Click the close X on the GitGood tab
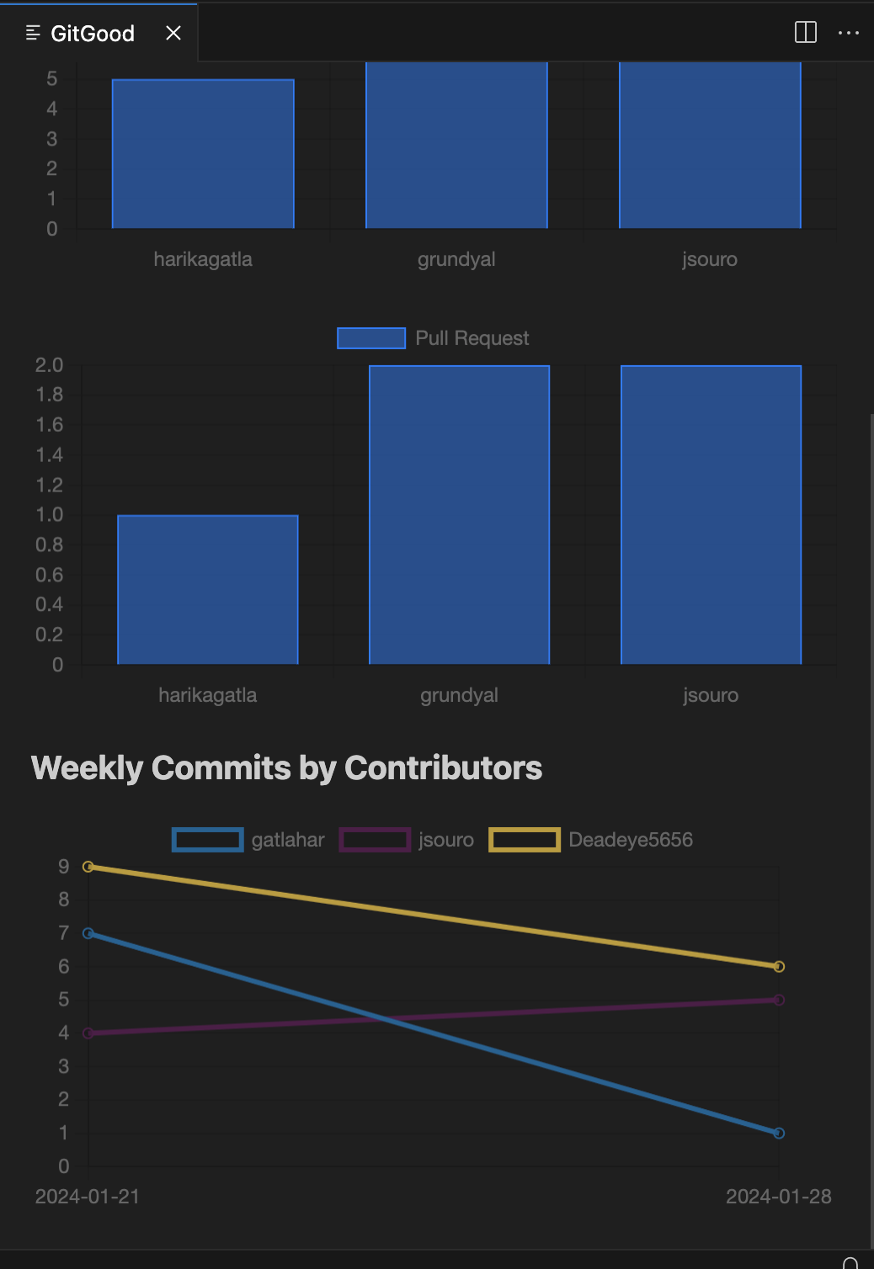coord(173,33)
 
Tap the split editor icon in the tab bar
coord(805,33)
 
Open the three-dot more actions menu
coord(848,33)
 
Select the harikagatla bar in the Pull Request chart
coord(208,589)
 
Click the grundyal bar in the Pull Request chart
coord(459,515)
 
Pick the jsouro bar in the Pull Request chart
coord(711,515)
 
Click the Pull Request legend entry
coord(434,338)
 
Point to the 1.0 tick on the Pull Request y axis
coord(50,514)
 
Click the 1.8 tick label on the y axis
coord(50,395)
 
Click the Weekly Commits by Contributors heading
coord(286,768)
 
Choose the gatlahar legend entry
coord(249,840)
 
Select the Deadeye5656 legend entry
coord(591,840)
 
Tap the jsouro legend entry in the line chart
coord(407,840)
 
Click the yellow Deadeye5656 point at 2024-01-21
coord(88,867)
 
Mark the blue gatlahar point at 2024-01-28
coord(779,1133)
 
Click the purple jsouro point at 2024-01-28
coord(779,1000)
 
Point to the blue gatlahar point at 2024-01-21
coord(88,933)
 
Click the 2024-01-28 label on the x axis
coord(778,1197)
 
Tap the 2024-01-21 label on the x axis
coord(88,1197)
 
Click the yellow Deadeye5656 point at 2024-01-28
coord(779,967)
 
